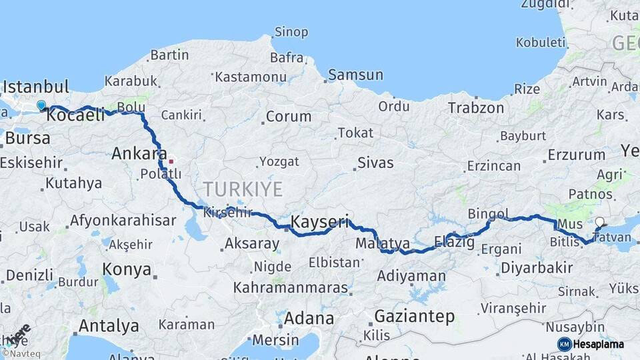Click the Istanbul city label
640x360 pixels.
click(x=36, y=87)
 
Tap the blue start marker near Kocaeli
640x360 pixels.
click(x=41, y=105)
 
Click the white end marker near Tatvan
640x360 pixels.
click(x=599, y=222)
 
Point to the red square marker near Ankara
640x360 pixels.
click(x=171, y=161)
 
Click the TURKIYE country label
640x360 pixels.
click(x=243, y=189)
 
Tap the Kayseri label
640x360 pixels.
click(x=321, y=221)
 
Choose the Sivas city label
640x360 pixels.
click(x=375, y=163)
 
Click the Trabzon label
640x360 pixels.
click(x=476, y=107)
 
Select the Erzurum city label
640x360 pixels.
click(x=577, y=155)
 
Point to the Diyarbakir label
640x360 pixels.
click(x=536, y=268)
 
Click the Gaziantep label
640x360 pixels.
click(x=414, y=316)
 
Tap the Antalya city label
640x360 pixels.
click(x=109, y=326)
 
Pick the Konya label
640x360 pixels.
click(x=127, y=269)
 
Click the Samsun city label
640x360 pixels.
click(x=355, y=75)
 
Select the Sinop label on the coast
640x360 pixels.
click(x=291, y=32)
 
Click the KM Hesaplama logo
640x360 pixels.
click(x=591, y=344)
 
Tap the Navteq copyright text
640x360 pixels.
click(x=21, y=354)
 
